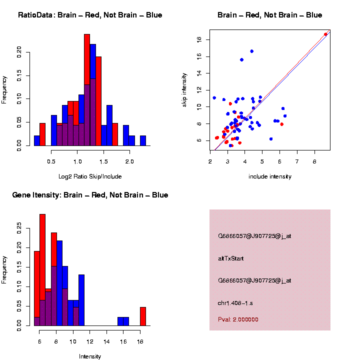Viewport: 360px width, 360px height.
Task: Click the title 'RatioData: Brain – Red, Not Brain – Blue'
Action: point(90,15)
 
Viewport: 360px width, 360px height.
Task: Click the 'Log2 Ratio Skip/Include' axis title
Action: point(90,176)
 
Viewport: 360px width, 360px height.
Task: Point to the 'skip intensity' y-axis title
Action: point(184,89)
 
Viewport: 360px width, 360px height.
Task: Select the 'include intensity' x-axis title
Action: point(270,176)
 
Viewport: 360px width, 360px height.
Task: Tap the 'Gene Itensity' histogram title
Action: point(90,195)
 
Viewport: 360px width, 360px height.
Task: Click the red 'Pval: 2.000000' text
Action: point(238,319)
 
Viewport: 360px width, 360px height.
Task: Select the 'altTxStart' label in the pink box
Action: point(230,258)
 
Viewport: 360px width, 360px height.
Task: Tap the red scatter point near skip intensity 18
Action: point(325,34)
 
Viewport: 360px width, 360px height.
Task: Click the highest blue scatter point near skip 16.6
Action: point(252,51)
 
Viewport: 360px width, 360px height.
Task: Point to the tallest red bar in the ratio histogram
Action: point(87,90)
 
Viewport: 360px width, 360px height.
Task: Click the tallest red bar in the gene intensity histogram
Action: point(42,270)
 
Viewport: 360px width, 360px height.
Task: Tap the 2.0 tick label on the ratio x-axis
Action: point(129,161)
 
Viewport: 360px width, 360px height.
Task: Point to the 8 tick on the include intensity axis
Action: point(314,161)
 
